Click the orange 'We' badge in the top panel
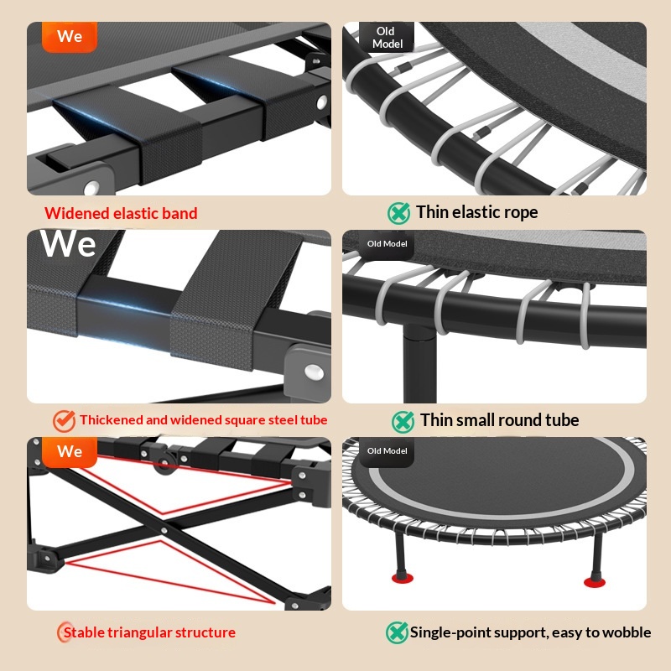pyautogui.click(x=70, y=36)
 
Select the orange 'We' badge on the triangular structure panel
pyautogui.click(x=70, y=451)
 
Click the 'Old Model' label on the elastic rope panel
pyautogui.click(x=387, y=37)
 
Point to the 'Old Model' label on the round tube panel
pyautogui.click(x=387, y=244)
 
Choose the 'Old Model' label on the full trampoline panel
pyautogui.click(x=387, y=451)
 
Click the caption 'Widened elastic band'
pyautogui.click(x=121, y=213)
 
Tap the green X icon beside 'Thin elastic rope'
pyautogui.click(x=399, y=213)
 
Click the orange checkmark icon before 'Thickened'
pyautogui.click(x=65, y=421)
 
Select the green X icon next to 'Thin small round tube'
pyautogui.click(x=403, y=422)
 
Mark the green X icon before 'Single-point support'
pyautogui.click(x=397, y=632)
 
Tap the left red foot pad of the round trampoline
pyautogui.click(x=403, y=579)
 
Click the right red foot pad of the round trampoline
pyautogui.click(x=595, y=581)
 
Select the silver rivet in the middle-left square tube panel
pyautogui.click(x=315, y=372)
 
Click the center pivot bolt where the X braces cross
pyautogui.click(x=164, y=531)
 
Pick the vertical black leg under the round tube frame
pyautogui.click(x=420, y=364)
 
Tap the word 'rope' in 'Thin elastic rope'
pyautogui.click(x=522, y=213)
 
